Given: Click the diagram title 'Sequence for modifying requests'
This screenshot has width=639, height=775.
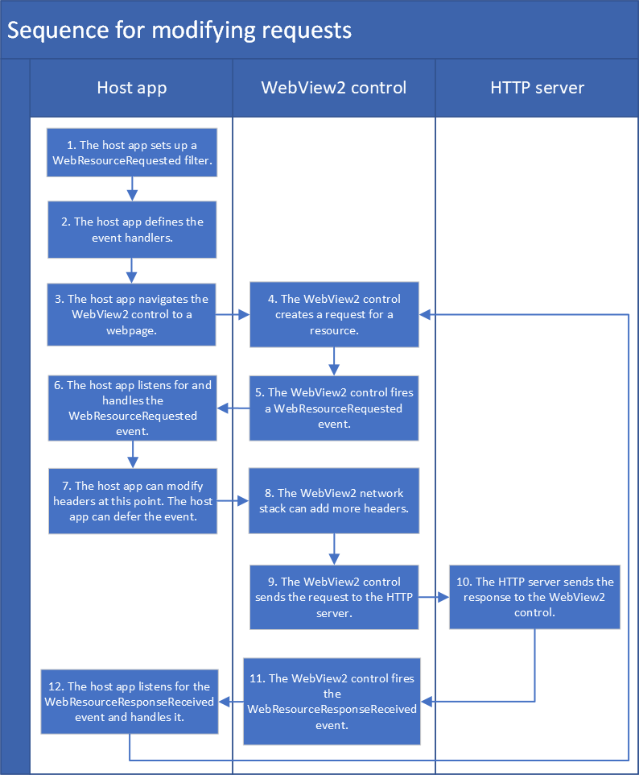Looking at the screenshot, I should (x=179, y=31).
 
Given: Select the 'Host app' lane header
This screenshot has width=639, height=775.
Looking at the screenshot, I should (x=131, y=88).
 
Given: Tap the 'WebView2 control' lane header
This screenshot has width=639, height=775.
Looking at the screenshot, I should (x=333, y=88).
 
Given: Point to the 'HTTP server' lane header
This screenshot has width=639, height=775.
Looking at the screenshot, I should (x=537, y=88).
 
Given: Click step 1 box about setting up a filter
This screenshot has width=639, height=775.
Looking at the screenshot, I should (x=132, y=152).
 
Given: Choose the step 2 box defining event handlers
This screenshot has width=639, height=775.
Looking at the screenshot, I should (x=132, y=230).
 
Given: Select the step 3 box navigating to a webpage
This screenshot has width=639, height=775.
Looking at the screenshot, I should (x=132, y=314).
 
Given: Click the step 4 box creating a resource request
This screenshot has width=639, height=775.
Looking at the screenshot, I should (x=334, y=314).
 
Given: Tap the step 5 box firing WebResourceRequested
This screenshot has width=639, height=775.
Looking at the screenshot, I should (x=334, y=408).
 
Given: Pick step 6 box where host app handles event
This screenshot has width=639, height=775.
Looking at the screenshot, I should (x=132, y=408).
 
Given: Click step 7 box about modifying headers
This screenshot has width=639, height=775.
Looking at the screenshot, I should (x=132, y=500).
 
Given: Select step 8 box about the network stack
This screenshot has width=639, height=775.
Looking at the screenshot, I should (x=334, y=500).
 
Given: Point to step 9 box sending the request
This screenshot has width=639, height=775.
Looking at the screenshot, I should (x=334, y=597).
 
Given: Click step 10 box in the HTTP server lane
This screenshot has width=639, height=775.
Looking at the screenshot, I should (x=535, y=597).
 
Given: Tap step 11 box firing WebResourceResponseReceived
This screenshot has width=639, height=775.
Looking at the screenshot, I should (x=332, y=702).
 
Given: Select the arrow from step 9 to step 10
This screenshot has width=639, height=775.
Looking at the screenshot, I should (x=434, y=597).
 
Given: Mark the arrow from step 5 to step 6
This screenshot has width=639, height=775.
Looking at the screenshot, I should (x=233, y=408).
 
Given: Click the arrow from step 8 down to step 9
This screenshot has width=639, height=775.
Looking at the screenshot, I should (x=334, y=548).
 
